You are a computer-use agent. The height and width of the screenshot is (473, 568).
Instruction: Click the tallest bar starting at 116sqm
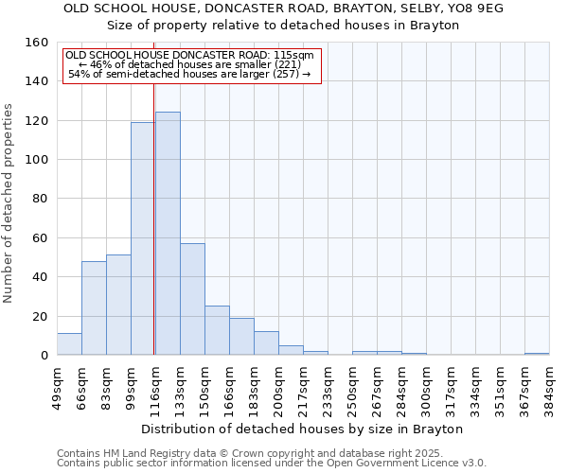click(168, 234)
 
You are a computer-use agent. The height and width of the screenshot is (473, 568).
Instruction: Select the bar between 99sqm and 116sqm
click(143, 238)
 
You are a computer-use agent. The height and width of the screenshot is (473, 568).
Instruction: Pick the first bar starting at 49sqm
click(69, 344)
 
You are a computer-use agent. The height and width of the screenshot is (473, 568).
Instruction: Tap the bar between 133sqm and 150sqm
click(192, 299)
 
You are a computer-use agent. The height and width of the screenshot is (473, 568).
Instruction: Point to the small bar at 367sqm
click(537, 354)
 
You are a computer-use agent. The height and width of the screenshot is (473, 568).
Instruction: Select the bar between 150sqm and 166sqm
click(217, 330)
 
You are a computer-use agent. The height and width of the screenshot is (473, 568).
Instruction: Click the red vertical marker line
click(153, 199)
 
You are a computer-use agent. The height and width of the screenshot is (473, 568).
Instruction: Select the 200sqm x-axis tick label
click(278, 387)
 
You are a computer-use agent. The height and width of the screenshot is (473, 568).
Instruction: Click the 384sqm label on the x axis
click(549, 387)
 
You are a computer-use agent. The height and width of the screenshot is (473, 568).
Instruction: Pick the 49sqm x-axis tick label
click(57, 385)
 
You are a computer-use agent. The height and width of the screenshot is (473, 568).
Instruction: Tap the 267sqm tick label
click(377, 387)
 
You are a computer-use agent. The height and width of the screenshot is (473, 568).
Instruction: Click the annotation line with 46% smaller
click(189, 64)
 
